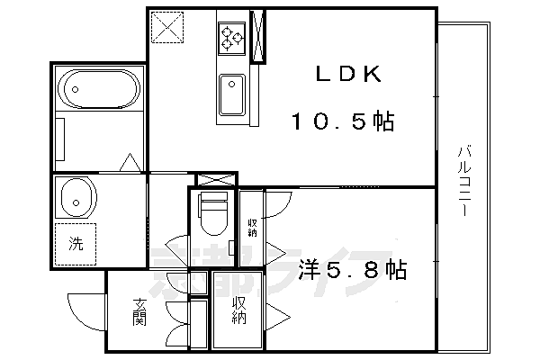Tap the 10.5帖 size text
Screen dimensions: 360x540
coord(342,121)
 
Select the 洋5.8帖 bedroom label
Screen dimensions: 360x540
coord(353,269)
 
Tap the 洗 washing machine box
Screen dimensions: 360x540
coord(78,242)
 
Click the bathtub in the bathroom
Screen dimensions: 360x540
coord(98,90)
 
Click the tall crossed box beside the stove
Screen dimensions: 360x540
coord(258,37)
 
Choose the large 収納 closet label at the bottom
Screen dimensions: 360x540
coord(238,310)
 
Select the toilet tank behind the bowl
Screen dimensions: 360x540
coord(212,199)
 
